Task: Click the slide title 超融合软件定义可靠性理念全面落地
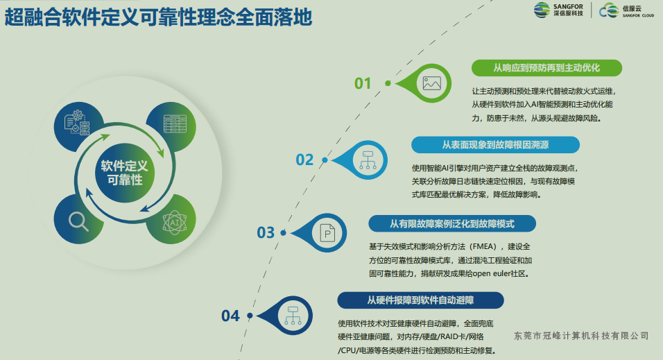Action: [x=158, y=17]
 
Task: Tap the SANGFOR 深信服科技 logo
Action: [x=559, y=10]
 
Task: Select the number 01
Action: [x=363, y=83]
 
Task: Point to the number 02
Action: [x=304, y=160]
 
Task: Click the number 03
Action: [x=266, y=233]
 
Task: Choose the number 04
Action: [x=230, y=316]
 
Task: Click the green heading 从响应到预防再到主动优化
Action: [x=546, y=68]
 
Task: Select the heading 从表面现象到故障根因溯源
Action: [x=495, y=145]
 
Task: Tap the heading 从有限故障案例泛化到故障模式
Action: [x=451, y=223]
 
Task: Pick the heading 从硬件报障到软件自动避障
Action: [x=420, y=300]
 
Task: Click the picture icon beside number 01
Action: [x=432, y=83]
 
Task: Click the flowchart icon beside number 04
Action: [x=290, y=316]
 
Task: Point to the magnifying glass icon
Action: [x=78, y=221]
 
